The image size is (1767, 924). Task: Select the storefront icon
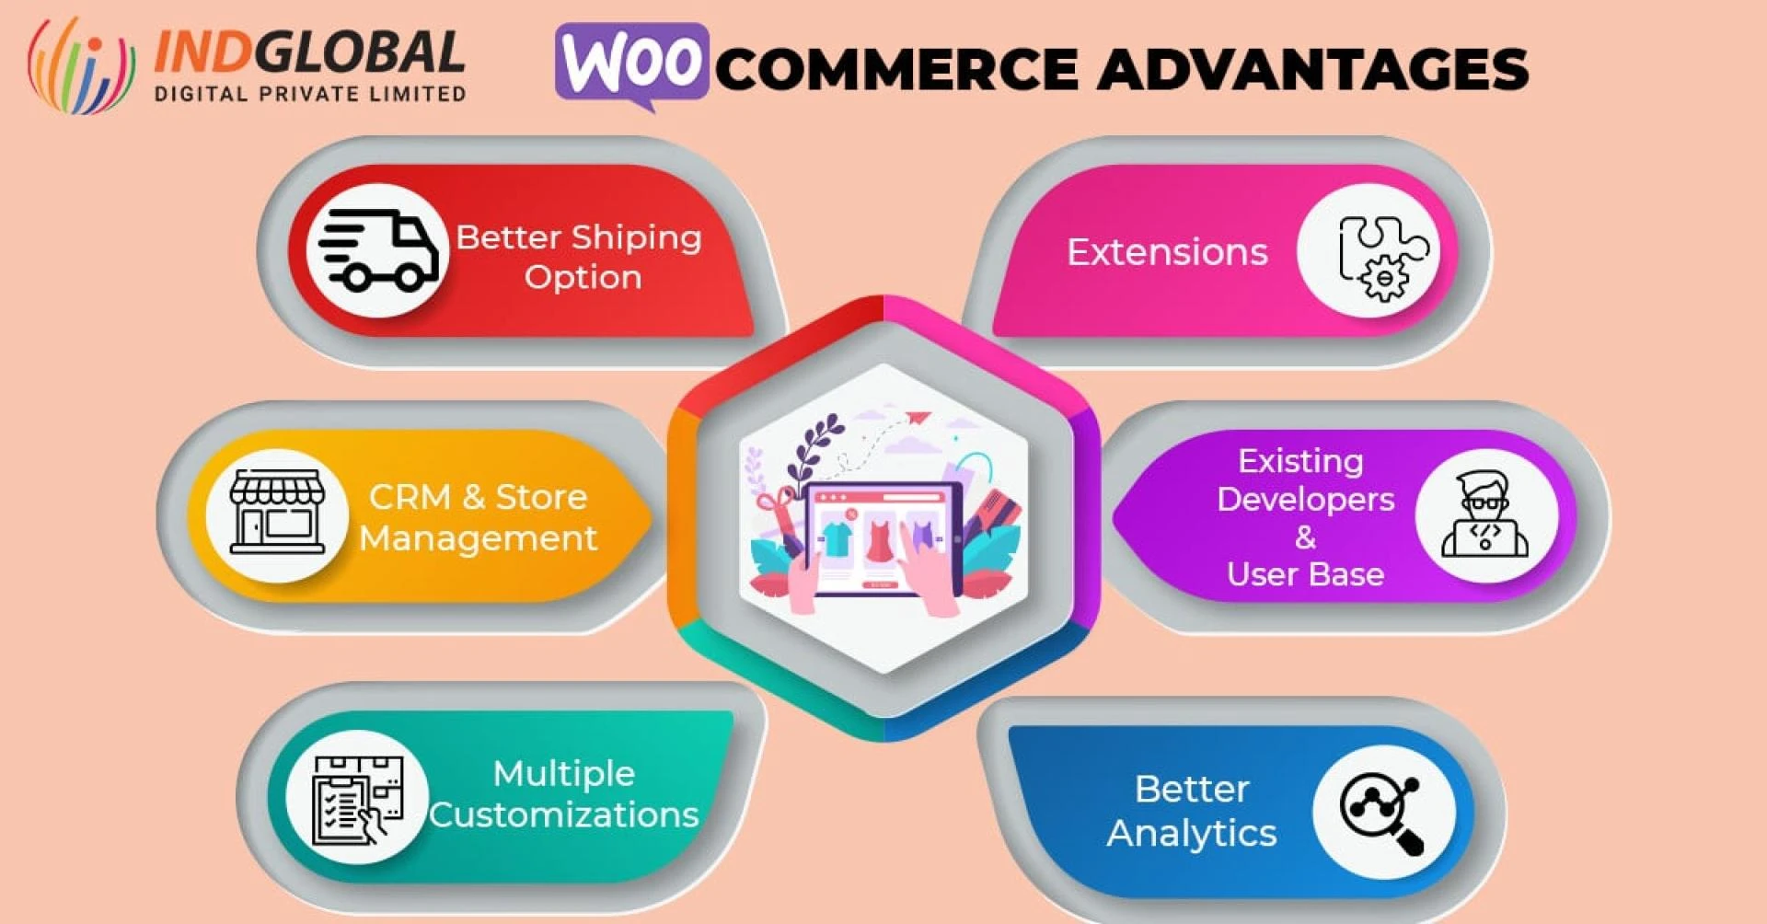(x=277, y=514)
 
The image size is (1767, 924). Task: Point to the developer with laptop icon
(x=1484, y=514)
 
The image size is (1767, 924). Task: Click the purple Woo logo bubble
(x=632, y=63)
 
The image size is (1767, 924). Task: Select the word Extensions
(x=1167, y=252)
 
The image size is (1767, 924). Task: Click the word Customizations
(x=563, y=814)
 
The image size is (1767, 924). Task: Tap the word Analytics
(x=1191, y=833)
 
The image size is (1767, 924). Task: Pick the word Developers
(x=1305, y=499)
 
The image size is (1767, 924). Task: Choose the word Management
(x=479, y=537)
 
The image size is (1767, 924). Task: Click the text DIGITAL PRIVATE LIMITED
(x=310, y=94)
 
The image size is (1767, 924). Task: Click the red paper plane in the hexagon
(x=918, y=419)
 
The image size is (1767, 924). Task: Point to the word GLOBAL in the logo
(x=360, y=52)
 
